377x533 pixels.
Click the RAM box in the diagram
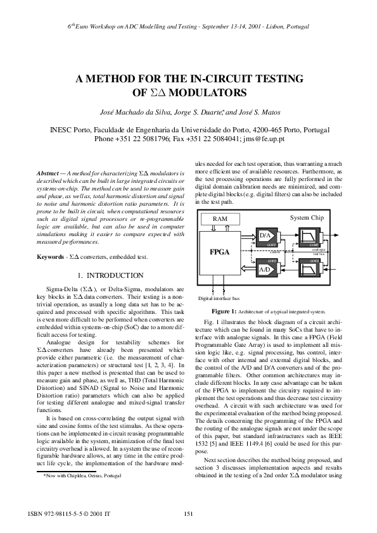pyautogui.click(x=220, y=218)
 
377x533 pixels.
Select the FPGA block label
pyautogui.click(x=219, y=251)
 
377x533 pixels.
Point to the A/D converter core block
pyautogui.click(x=266, y=268)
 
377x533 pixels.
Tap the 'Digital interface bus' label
pyautogui.click(x=219, y=298)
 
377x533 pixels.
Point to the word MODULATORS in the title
pyautogui.click(x=212, y=92)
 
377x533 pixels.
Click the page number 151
pyautogui.click(x=188, y=513)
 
